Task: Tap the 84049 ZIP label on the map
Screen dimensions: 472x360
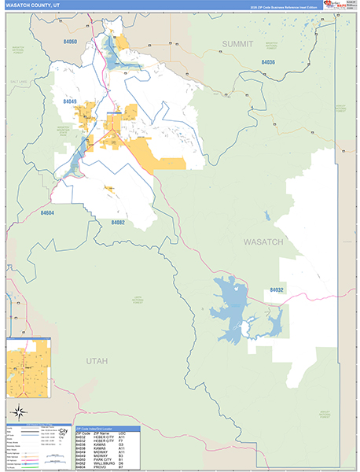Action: [x=70, y=101]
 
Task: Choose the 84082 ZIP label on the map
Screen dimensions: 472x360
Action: [x=118, y=223]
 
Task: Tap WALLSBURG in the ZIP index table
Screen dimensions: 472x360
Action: [x=105, y=463]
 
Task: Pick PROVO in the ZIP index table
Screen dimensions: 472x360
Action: [x=100, y=466]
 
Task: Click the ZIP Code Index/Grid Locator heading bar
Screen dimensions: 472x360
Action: [x=108, y=428]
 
